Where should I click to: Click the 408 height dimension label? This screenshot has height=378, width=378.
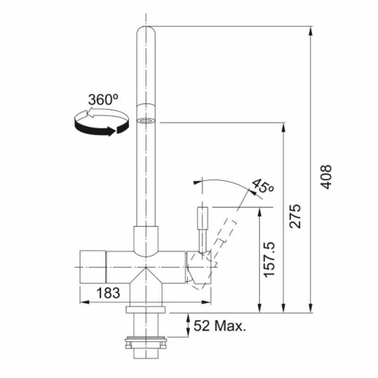326,177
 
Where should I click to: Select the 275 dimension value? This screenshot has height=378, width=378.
295,216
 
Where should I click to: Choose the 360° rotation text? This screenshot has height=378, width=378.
103,100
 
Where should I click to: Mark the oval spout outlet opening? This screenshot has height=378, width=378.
146,120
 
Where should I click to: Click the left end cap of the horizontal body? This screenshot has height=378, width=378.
93,267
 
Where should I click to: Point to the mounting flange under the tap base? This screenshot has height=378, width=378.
146,309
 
